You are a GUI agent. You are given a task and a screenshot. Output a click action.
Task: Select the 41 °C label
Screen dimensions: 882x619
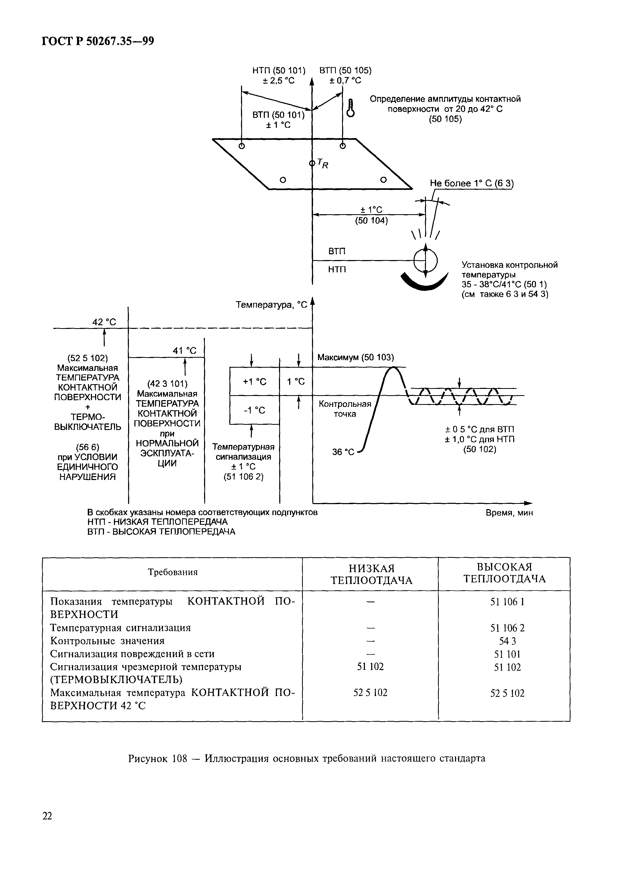(x=184, y=350)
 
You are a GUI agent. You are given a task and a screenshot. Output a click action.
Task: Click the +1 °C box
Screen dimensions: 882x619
(x=254, y=382)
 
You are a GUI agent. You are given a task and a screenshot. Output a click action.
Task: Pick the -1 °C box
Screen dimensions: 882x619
(x=254, y=410)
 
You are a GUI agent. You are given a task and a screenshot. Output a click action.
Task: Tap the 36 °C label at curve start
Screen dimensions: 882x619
(x=343, y=452)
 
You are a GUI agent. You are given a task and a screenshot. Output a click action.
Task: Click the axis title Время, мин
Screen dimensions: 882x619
(x=509, y=513)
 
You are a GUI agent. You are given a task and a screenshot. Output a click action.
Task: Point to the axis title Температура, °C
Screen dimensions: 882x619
(x=271, y=305)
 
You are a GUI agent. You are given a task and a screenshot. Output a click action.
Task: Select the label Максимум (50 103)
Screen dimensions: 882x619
(x=355, y=357)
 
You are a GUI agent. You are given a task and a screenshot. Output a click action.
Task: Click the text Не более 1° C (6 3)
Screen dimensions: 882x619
(x=472, y=184)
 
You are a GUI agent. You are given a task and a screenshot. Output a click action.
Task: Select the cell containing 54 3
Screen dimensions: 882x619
(x=507, y=641)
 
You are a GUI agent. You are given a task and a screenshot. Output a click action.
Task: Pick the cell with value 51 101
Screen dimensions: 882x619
(x=507, y=654)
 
